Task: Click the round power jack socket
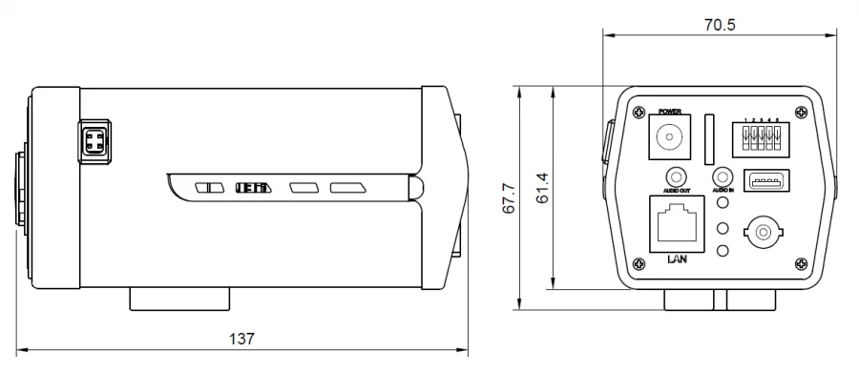pos(672,138)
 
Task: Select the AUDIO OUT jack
pos(678,177)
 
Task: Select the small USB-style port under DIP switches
pos(765,181)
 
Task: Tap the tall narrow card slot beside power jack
pos(710,137)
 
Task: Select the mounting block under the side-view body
pos(179,299)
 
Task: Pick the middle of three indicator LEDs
pos(723,228)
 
